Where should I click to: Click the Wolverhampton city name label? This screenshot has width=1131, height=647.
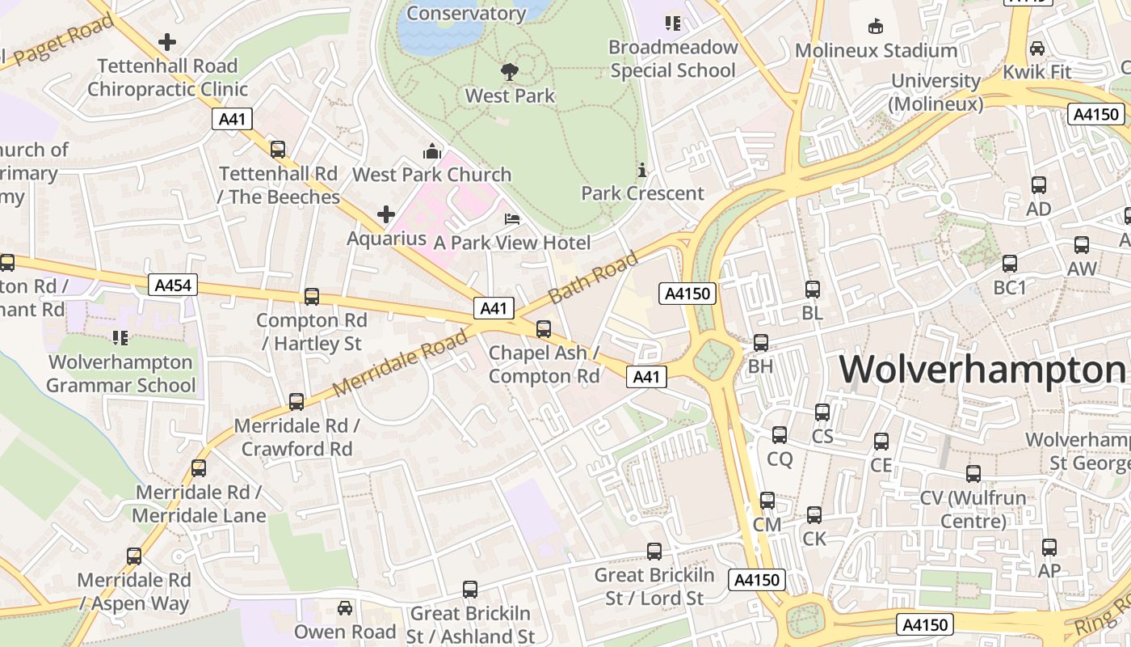(x=982, y=370)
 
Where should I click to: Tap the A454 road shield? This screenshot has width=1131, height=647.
(x=173, y=285)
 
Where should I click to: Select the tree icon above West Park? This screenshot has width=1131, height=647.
(x=509, y=72)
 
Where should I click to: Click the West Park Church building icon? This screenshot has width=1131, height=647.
(x=432, y=151)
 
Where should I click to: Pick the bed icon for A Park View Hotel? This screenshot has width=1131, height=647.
(x=511, y=218)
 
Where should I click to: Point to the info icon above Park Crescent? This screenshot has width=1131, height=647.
(x=642, y=170)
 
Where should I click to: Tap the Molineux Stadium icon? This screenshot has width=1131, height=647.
(x=875, y=27)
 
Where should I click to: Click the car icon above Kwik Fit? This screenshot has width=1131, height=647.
(x=1037, y=48)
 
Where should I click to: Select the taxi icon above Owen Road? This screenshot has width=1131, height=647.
(x=345, y=607)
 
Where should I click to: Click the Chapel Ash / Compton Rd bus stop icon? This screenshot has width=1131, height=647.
(x=544, y=328)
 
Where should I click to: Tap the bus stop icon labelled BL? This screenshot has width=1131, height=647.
(x=813, y=289)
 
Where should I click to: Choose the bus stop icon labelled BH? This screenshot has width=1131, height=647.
(x=761, y=342)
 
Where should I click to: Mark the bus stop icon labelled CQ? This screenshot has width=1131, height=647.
(x=780, y=435)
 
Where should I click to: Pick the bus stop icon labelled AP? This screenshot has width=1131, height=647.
(x=1049, y=547)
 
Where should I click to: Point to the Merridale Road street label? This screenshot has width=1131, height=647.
(x=400, y=363)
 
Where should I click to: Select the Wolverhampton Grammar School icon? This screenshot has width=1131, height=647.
(x=120, y=337)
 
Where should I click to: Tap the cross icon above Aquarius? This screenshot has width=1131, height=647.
(x=386, y=214)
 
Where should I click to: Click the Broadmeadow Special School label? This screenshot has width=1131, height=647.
(x=673, y=59)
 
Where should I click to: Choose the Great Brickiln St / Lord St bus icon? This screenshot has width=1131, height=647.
(x=654, y=551)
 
